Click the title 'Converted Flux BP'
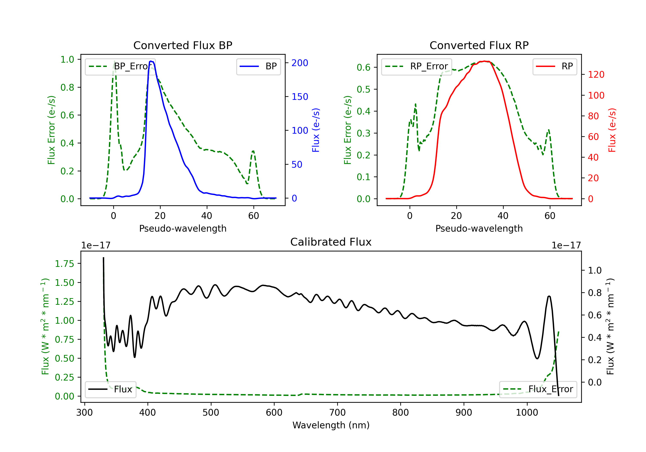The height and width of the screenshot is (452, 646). tap(183, 45)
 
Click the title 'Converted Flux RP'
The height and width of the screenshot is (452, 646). tap(479, 45)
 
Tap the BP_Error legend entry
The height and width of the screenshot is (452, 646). tap(120, 66)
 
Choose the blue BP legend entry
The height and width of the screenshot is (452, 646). tap(258, 66)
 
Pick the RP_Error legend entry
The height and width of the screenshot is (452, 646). tap(416, 66)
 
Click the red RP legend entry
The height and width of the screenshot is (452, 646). tap(554, 66)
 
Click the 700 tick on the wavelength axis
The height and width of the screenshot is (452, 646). tap(337, 413)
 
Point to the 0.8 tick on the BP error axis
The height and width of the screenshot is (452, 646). tap(67, 87)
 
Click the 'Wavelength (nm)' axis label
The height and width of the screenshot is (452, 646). tap(331, 425)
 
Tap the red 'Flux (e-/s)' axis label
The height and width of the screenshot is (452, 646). tap(612, 130)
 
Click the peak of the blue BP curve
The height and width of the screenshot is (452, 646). tap(151, 61)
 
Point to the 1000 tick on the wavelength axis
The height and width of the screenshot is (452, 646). tap(527, 413)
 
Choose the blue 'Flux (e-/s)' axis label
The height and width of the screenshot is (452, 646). tap(316, 130)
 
